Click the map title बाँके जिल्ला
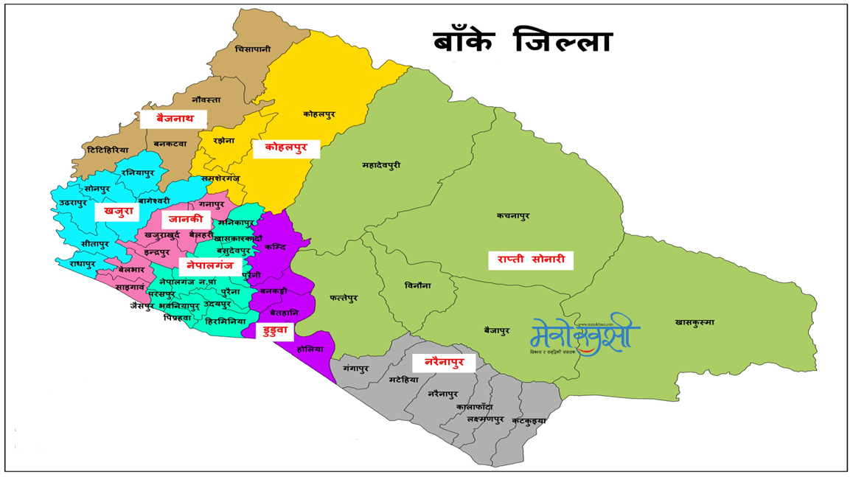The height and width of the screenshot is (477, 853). pyautogui.click(x=523, y=41)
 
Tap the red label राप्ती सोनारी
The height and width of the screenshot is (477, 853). pyautogui.click(x=531, y=260)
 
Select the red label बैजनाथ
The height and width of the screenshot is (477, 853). pyautogui.click(x=174, y=118)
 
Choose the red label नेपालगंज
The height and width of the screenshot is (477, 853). pyautogui.click(x=210, y=265)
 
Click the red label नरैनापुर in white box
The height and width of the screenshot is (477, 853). pyautogui.click(x=444, y=362)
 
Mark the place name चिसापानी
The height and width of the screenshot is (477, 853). pyautogui.click(x=253, y=49)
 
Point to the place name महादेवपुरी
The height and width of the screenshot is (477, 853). pyautogui.click(x=382, y=165)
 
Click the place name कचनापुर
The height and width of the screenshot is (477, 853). pyautogui.click(x=513, y=216)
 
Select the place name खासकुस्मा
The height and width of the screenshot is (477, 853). pyautogui.click(x=694, y=322)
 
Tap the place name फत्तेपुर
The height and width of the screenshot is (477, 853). pyautogui.click(x=344, y=299)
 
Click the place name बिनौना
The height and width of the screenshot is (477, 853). pyautogui.click(x=417, y=285)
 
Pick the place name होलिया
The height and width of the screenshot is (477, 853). pyautogui.click(x=310, y=347)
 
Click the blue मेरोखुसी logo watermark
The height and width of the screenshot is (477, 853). pyautogui.click(x=584, y=337)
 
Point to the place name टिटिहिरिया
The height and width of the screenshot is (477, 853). pyautogui.click(x=108, y=150)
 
